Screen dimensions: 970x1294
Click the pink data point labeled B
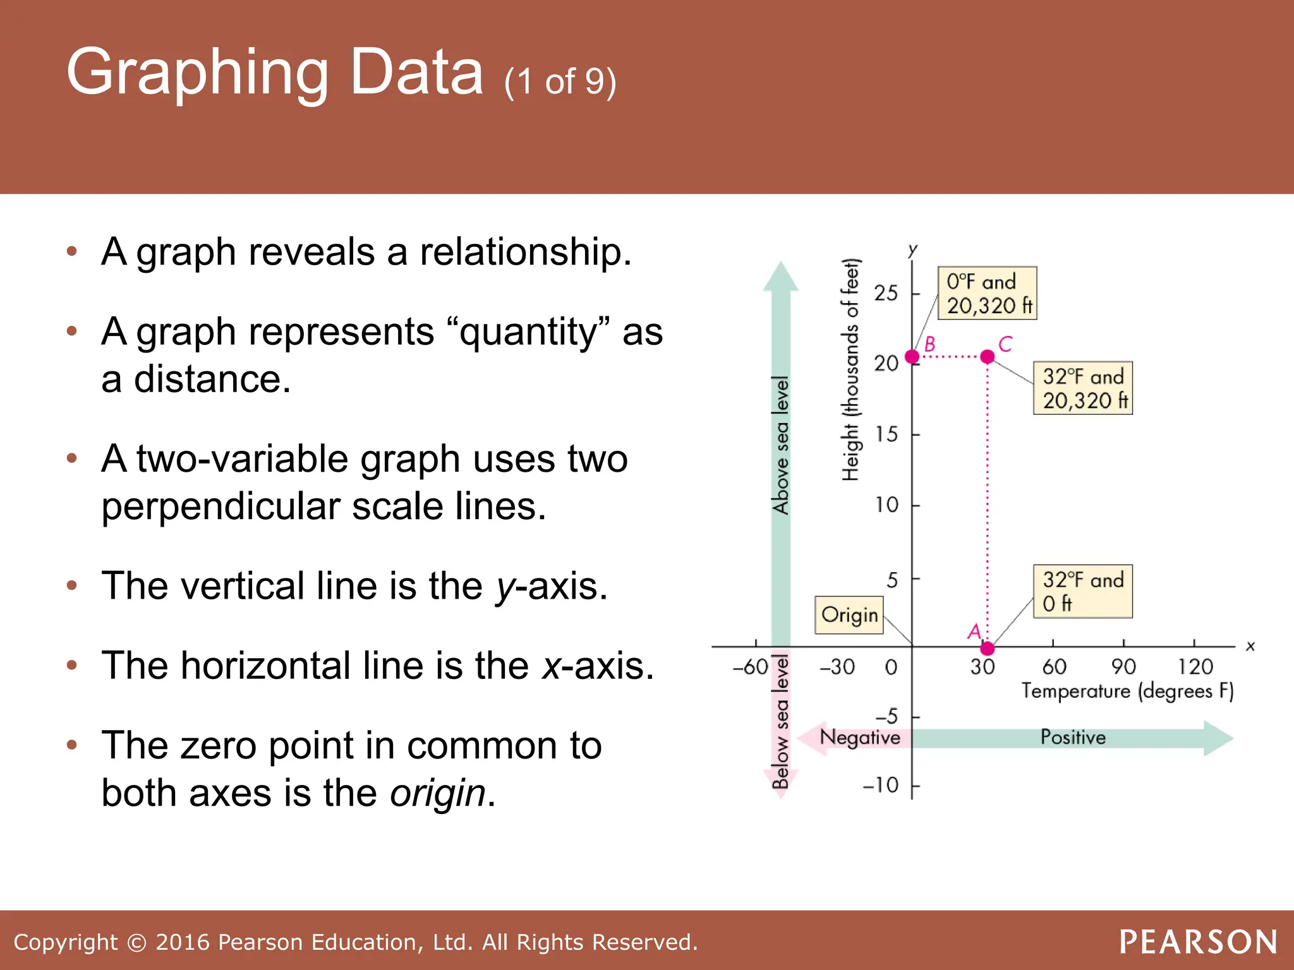pos(912,357)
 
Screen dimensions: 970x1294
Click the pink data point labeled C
pos(988,357)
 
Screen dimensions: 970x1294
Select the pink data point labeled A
pos(988,649)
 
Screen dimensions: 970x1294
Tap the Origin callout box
pos(849,614)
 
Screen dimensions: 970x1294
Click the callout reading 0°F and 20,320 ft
pos(987,293)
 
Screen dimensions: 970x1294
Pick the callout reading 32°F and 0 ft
pos(1082,591)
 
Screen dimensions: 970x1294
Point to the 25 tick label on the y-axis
pos(886,293)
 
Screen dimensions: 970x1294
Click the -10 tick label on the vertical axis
pos(881,785)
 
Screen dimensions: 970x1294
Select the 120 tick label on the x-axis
pos(1195,666)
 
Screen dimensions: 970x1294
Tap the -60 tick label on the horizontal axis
pos(750,666)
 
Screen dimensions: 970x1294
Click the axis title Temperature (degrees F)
pos(1127,691)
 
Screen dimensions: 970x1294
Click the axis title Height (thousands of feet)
pos(851,370)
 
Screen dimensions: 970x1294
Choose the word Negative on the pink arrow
pos(859,737)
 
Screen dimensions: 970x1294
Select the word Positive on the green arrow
pos(1073,737)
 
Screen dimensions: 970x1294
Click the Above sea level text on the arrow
pos(781,445)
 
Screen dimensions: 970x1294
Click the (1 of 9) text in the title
pos(560,82)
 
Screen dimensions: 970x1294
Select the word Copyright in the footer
pos(65,942)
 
